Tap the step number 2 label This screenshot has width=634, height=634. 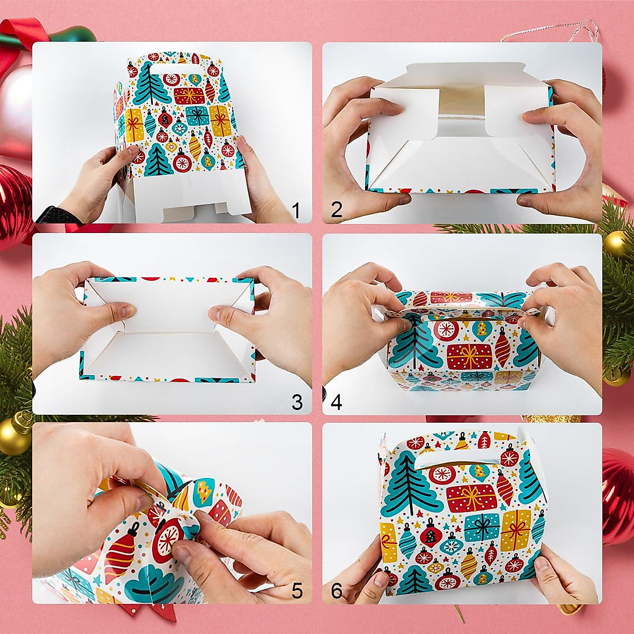337,210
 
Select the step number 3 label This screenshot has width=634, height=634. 297,402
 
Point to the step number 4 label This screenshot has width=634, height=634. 336,402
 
